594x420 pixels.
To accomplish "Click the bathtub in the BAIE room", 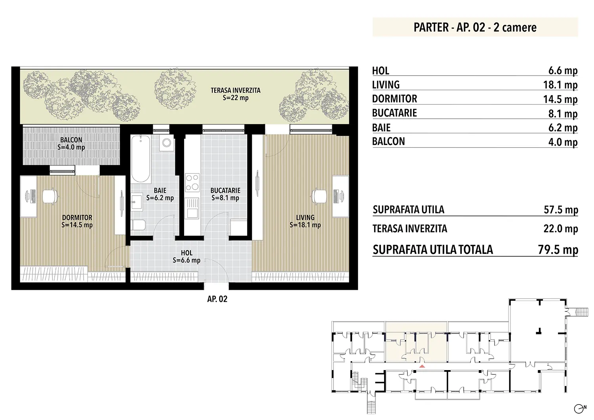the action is [141, 159].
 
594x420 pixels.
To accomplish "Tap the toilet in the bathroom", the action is [138, 225].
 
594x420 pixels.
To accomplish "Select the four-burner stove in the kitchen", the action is [192, 182].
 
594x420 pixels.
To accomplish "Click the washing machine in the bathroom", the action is [167, 143].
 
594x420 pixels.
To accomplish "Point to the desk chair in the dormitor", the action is [50, 196].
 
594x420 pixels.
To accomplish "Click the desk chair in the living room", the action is [320, 196].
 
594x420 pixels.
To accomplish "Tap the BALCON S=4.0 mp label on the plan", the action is [71, 143].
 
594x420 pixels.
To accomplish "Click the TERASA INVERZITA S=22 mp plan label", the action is [236, 94].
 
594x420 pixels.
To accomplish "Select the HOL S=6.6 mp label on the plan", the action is [187, 257].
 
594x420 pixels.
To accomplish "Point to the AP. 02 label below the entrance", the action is [217, 299].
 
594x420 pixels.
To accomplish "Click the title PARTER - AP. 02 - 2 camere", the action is [475, 27].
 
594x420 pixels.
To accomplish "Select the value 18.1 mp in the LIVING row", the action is [560, 85].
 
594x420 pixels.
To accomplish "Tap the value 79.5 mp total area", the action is [558, 250].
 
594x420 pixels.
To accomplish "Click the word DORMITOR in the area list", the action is [394, 99].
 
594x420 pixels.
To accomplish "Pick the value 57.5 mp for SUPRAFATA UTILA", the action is [561, 210].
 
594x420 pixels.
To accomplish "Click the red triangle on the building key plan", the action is [422, 366].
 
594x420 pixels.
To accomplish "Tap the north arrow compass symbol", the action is [580, 409].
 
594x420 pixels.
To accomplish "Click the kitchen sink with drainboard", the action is [192, 208].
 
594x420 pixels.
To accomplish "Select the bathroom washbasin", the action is [137, 202].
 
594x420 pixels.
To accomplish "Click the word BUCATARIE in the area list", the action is [394, 113].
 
